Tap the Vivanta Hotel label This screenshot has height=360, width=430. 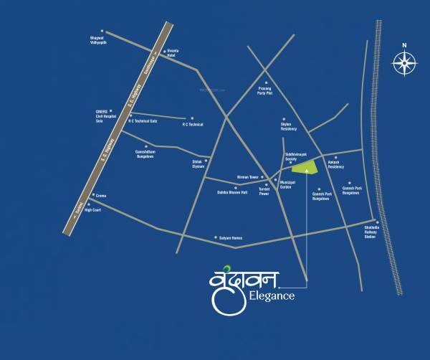(171, 54)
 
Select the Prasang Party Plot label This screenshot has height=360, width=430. (265, 92)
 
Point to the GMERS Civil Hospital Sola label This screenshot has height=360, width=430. (106, 117)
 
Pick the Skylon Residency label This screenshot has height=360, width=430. (289, 127)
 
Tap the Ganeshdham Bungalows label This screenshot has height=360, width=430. (140, 153)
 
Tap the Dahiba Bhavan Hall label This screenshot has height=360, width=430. (232, 192)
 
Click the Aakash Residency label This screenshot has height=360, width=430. (336, 165)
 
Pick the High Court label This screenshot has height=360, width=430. (94, 210)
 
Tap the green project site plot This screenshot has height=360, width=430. (305, 167)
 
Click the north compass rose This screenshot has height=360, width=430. (404, 63)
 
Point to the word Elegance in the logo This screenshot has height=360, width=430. (272, 295)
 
